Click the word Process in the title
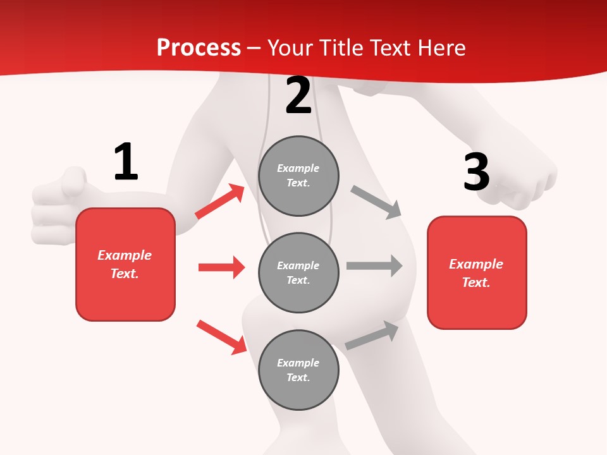coord(199,48)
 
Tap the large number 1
coord(126,162)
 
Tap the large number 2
coord(298,95)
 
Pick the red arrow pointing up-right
coord(219,202)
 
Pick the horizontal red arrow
coord(221,267)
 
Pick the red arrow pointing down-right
coord(221,337)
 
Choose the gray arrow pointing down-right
coord(376,202)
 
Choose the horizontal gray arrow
coord(374,265)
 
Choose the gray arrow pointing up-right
coord(372,335)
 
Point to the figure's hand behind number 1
coord(60,202)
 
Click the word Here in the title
coord(442,48)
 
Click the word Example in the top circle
coord(298,168)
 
